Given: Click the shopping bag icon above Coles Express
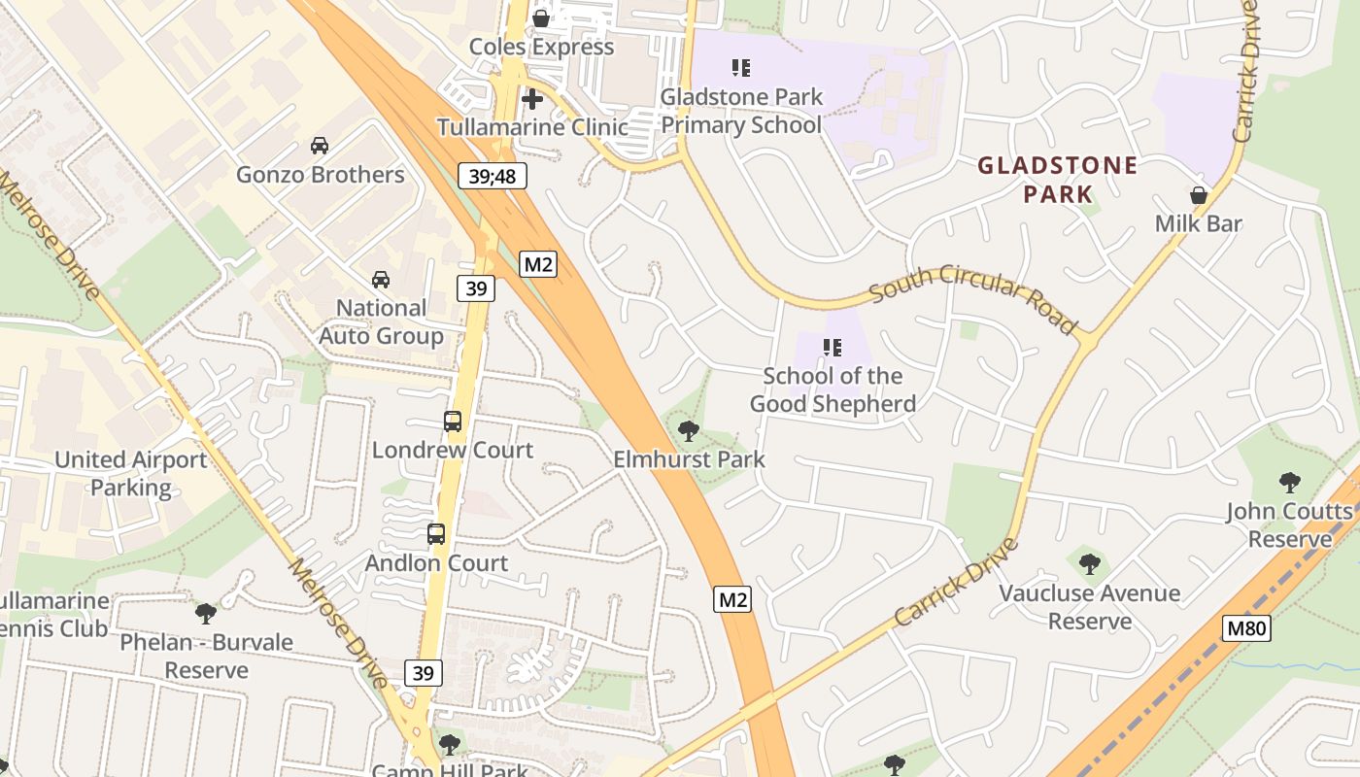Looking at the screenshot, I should click(541, 17).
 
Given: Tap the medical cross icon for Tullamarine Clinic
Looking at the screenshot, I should click(531, 98).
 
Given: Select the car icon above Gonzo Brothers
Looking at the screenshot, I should click(320, 146).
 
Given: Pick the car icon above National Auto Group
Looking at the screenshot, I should click(381, 280).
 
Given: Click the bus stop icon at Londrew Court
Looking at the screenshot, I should click(453, 422).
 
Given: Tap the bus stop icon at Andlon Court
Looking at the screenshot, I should click(436, 534).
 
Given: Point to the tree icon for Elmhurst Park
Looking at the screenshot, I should click(689, 430).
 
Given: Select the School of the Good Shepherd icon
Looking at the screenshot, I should click(832, 347).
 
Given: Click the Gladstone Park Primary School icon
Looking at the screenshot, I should click(741, 68).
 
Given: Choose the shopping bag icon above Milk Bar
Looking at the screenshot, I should click(1199, 195).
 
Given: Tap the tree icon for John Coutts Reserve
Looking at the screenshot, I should click(1289, 482).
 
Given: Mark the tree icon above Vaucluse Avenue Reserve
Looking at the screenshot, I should click(1089, 563).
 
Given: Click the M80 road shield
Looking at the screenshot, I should click(1245, 628).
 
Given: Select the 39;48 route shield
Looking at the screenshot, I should click(493, 176).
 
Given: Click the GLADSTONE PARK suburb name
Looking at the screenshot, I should click(1057, 180).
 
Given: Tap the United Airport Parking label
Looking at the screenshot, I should click(130, 473).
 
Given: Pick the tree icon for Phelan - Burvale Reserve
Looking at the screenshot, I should click(205, 614).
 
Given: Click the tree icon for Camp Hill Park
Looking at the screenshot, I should click(449, 745).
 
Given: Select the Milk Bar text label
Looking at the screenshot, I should click(1199, 223).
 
